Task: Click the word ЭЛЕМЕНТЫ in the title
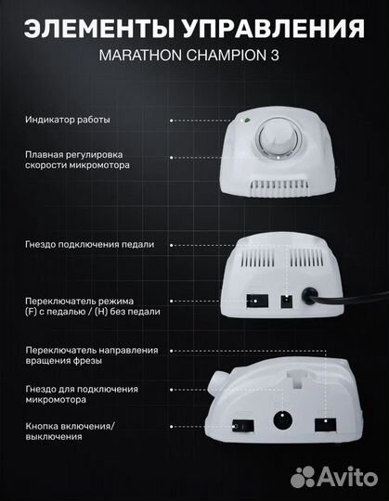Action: [99, 29]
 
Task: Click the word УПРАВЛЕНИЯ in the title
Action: [274, 29]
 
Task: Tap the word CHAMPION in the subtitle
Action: [226, 56]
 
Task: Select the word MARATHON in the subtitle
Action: [140, 56]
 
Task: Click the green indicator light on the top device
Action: [247, 121]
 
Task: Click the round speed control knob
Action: [279, 137]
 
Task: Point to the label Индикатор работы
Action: [68, 120]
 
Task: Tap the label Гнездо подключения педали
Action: [89, 244]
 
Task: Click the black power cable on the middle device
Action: [345, 298]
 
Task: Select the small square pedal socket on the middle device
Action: [287, 302]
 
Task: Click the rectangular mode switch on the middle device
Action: [256, 302]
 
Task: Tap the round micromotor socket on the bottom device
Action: [283, 420]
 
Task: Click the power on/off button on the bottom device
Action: [243, 426]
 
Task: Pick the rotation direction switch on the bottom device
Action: [325, 425]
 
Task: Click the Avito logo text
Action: [347, 478]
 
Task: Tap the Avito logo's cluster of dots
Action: [303, 478]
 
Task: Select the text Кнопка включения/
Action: [70, 426]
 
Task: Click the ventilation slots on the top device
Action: [279, 187]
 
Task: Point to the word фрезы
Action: [87, 361]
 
